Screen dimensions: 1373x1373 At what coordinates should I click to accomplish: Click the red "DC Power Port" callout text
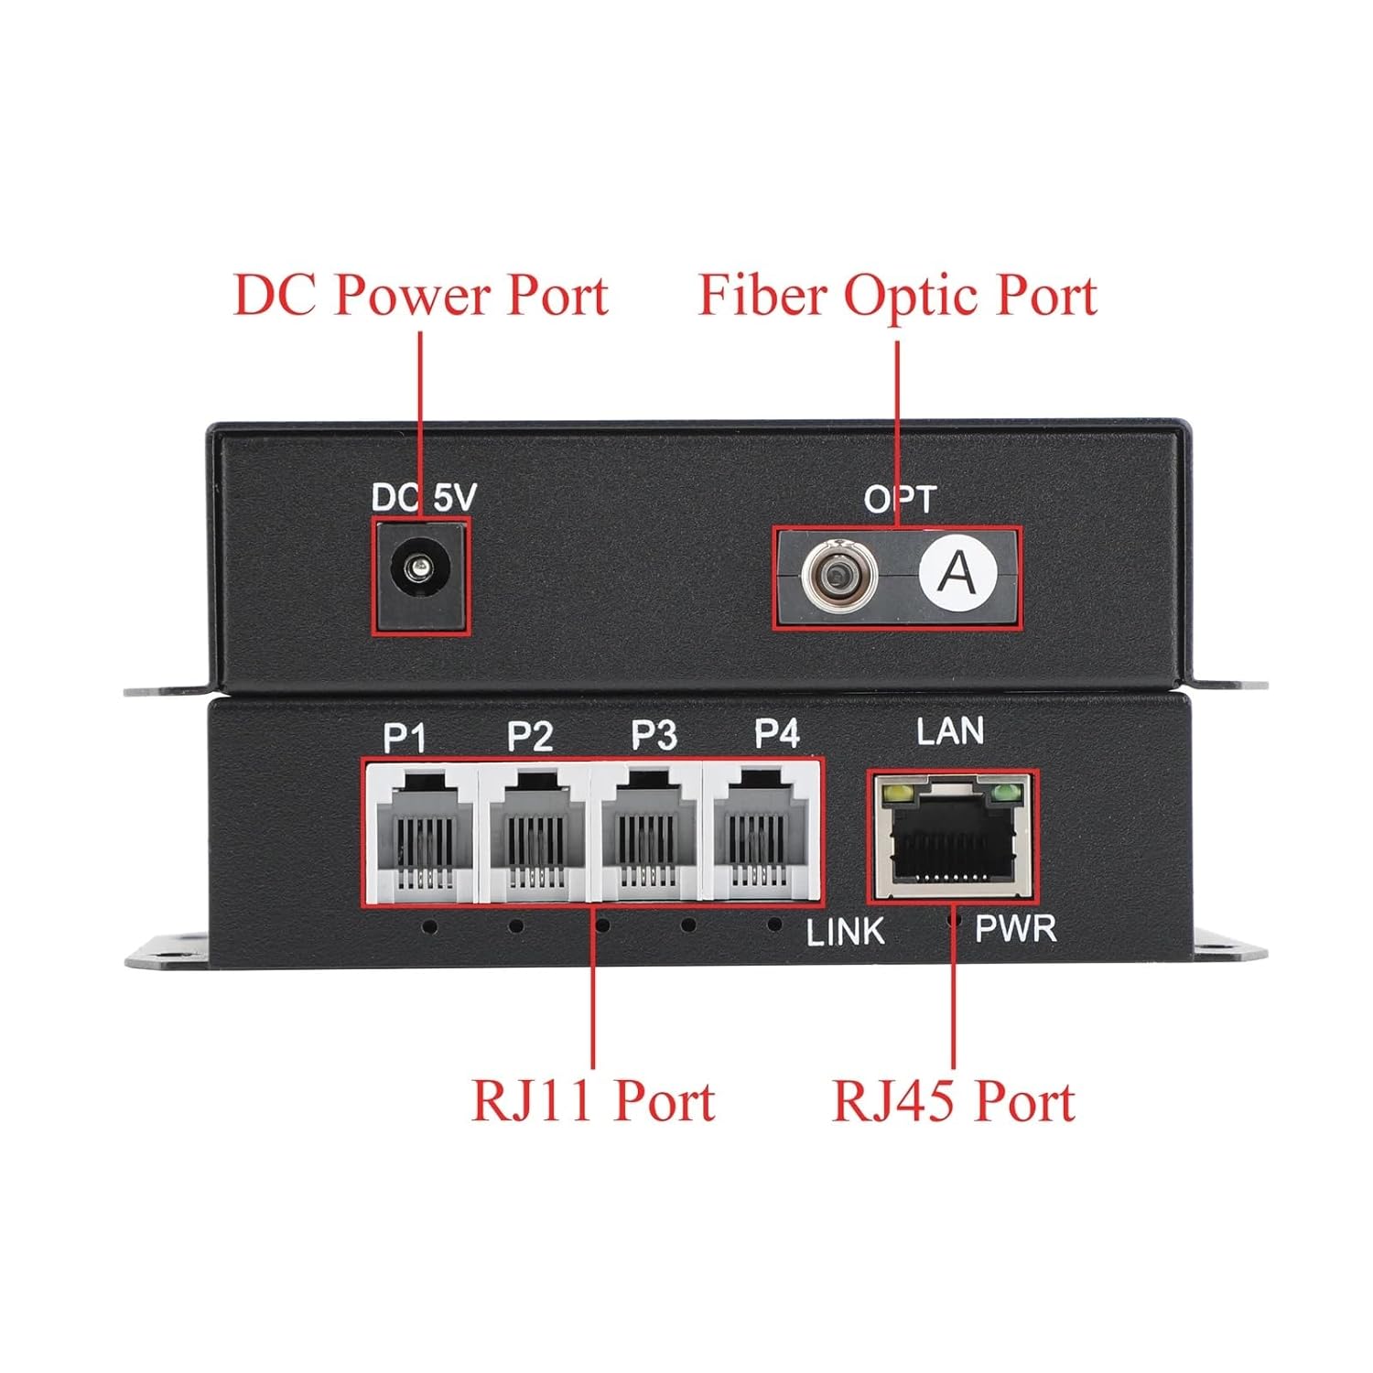420,295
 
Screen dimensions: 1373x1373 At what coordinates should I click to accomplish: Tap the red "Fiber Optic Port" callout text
897,295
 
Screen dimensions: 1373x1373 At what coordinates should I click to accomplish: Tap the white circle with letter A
957,574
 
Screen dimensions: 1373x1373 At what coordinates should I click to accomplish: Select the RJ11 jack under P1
420,831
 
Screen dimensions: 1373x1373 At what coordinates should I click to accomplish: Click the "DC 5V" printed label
424,497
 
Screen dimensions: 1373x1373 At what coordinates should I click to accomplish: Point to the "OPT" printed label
900,499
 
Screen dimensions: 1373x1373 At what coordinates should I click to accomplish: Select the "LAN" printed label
950,731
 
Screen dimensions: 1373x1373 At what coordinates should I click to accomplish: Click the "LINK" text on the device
845,932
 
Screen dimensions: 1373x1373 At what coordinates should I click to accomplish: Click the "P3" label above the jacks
654,735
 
